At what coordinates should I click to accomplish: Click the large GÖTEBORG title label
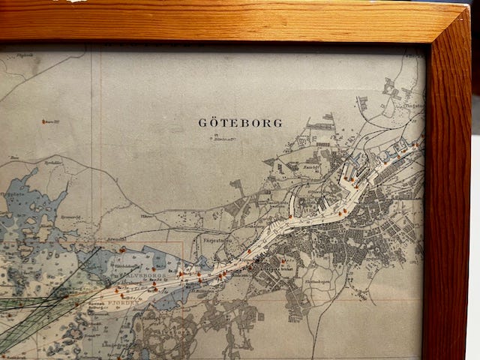click(240, 122)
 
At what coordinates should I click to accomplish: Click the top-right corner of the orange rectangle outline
click(182, 241)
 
